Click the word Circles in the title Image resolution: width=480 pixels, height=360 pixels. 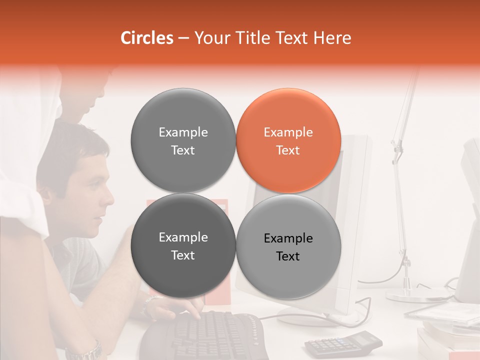pos(146,38)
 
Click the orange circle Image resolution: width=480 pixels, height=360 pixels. pos(288,141)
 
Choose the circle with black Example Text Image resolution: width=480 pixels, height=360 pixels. pos(288,246)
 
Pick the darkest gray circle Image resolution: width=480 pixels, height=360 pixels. pos(183,246)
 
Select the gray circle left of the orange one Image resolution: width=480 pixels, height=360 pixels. pos(183,141)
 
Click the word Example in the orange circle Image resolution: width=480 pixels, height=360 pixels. pos(288,132)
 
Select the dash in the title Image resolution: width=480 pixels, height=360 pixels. pos(183,38)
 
